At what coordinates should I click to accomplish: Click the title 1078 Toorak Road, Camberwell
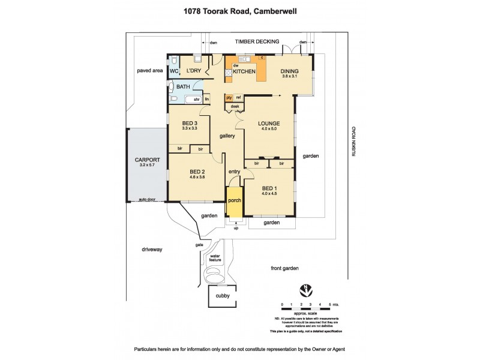pos(239,10)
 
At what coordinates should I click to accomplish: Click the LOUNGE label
pos(269,124)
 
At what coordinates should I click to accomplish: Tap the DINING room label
pos(290,71)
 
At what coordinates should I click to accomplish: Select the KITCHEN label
pos(244,72)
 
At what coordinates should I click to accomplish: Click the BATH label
pos(183,87)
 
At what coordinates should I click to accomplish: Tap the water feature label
pos(214,259)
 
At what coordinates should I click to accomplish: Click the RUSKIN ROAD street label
pos(355,142)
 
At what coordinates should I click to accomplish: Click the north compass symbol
pos(308,289)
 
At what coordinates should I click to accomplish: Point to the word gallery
pos(227,136)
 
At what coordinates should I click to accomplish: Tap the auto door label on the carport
pos(146,199)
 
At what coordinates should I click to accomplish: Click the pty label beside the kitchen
pos(229,97)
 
